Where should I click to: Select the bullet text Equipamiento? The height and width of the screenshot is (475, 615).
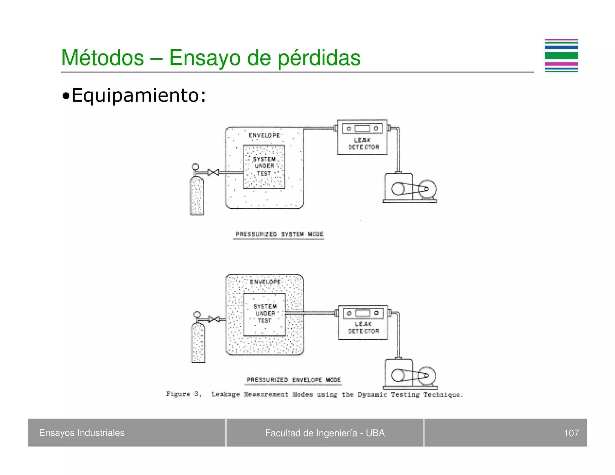[x=138, y=95]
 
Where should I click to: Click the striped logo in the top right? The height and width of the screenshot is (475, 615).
[x=561, y=56]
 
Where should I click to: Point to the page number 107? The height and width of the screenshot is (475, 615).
[x=571, y=433]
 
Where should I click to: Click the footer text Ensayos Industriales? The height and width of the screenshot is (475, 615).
[x=82, y=433]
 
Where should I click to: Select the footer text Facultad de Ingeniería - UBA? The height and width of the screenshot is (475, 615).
[x=325, y=433]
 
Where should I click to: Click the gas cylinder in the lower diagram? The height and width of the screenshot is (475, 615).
[x=198, y=342]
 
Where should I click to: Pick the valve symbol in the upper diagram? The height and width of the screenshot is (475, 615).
[x=213, y=172]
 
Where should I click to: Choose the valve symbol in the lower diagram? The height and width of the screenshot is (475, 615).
[x=214, y=319]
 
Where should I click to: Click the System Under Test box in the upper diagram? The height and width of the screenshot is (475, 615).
[x=264, y=167]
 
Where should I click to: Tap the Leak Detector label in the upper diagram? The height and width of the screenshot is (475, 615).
[x=363, y=144]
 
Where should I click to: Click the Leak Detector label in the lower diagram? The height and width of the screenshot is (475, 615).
[x=363, y=328]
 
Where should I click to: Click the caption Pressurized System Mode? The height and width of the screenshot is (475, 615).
[x=279, y=234]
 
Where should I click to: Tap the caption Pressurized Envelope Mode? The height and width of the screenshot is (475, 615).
[x=294, y=380]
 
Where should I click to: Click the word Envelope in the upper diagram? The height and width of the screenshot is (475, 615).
[x=264, y=135]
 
